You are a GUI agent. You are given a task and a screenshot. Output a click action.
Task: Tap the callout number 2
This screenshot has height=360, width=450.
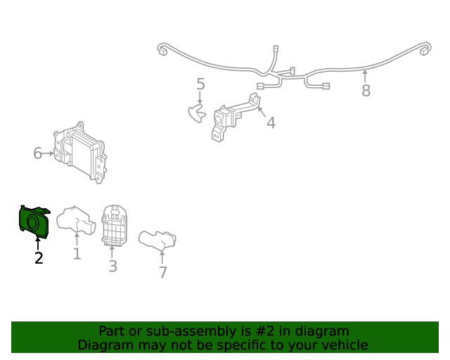(39, 258)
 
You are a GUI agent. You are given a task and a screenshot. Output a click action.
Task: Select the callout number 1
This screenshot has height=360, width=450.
(77, 254)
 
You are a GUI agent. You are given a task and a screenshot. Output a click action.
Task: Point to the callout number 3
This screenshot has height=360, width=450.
(112, 266)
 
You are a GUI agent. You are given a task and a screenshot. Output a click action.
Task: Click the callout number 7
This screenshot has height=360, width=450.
(162, 271)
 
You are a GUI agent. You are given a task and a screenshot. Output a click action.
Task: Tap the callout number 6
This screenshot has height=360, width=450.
(38, 153)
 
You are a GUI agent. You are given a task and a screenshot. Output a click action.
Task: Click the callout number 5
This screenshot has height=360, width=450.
(200, 85)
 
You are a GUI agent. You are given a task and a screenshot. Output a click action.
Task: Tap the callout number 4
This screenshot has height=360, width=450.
(271, 123)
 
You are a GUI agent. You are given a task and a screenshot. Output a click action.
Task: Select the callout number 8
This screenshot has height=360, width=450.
(366, 91)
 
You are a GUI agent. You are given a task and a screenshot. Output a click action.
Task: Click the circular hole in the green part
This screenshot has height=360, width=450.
(32, 224)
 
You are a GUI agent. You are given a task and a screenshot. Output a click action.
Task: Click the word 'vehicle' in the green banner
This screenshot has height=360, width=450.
(340, 345)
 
